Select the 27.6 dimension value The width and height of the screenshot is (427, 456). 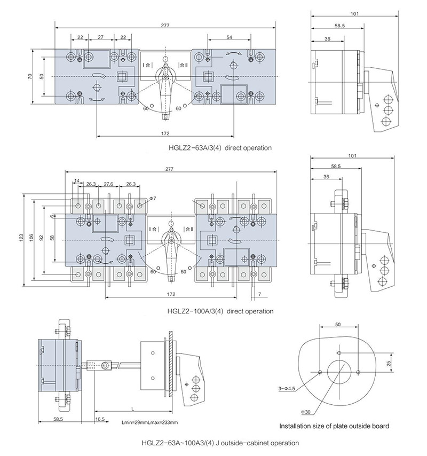(x=108, y=184)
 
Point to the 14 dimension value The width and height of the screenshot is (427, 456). (x=78, y=182)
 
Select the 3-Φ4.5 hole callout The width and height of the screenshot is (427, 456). (x=287, y=388)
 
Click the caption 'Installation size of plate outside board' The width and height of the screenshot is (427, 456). (x=335, y=426)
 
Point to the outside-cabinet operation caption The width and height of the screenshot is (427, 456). (x=220, y=443)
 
